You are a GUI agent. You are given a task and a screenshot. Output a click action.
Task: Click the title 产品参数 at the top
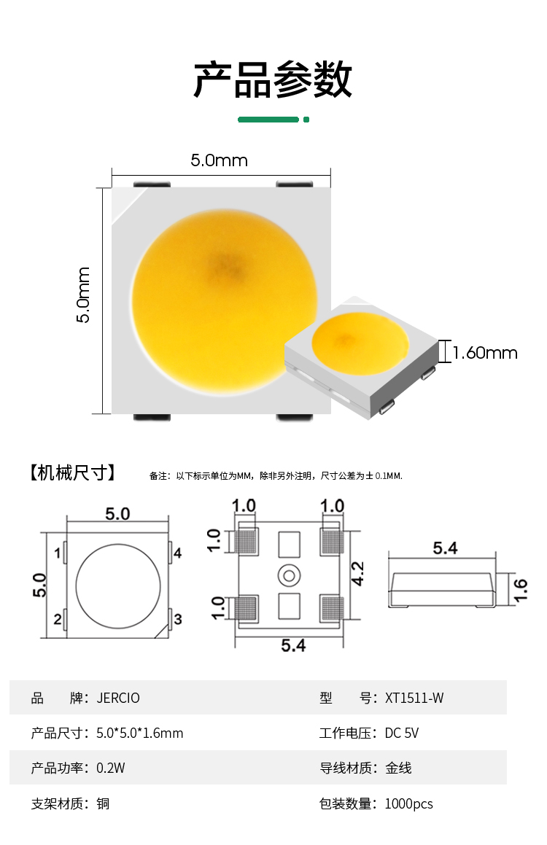click(273, 79)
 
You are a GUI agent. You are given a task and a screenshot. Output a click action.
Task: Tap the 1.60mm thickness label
click(485, 353)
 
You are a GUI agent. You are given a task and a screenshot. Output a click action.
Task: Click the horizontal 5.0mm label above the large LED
click(220, 160)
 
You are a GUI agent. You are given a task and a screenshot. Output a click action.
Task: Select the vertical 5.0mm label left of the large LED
click(83, 295)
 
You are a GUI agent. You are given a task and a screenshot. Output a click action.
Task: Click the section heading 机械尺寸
click(73, 472)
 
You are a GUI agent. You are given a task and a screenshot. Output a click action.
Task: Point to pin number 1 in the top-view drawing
click(58, 553)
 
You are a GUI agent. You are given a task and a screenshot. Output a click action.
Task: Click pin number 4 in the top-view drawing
click(177, 553)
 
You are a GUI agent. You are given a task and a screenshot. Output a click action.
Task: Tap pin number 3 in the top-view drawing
click(178, 619)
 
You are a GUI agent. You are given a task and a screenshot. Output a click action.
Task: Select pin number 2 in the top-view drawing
click(58, 619)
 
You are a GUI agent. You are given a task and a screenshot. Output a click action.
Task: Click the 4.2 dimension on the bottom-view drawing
click(357, 573)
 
